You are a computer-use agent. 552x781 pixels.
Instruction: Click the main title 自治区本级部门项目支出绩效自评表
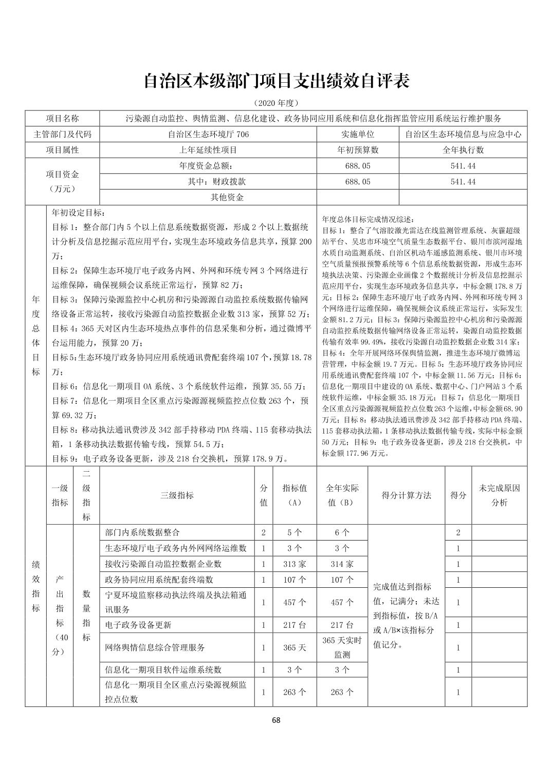[x=276, y=81]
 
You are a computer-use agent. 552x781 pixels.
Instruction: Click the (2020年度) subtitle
[x=276, y=103]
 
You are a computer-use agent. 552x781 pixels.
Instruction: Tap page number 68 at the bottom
[x=276, y=720]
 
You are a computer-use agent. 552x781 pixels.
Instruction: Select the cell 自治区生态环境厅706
[x=208, y=135]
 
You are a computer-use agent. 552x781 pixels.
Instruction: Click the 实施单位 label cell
[x=358, y=135]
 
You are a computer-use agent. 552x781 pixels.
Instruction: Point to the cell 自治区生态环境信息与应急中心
[x=463, y=135]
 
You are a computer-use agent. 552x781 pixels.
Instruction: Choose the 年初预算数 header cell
[x=358, y=151]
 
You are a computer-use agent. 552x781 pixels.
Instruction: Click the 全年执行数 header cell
[x=463, y=151]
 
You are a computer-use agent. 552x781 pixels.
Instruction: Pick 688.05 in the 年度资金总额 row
[x=358, y=166]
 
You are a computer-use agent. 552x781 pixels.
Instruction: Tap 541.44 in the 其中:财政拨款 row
[x=463, y=181]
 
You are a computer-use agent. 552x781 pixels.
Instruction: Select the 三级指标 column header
[x=177, y=495]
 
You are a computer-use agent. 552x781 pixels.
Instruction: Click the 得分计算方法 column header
[x=406, y=495]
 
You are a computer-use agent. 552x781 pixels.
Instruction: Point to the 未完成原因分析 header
[x=500, y=495]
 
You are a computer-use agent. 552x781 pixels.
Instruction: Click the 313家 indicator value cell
[x=295, y=564]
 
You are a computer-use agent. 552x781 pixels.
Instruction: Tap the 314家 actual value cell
[x=342, y=564]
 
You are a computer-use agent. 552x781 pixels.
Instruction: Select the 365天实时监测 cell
[x=342, y=647]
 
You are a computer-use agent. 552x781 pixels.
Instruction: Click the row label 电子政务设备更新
[x=138, y=625]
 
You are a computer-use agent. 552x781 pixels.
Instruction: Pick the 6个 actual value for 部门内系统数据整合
[x=342, y=533]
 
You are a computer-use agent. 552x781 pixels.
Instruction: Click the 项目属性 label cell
[x=62, y=151]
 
